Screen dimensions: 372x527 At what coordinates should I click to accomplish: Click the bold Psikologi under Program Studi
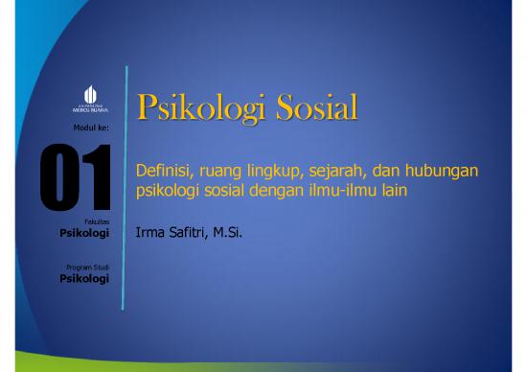[x=84, y=278]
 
